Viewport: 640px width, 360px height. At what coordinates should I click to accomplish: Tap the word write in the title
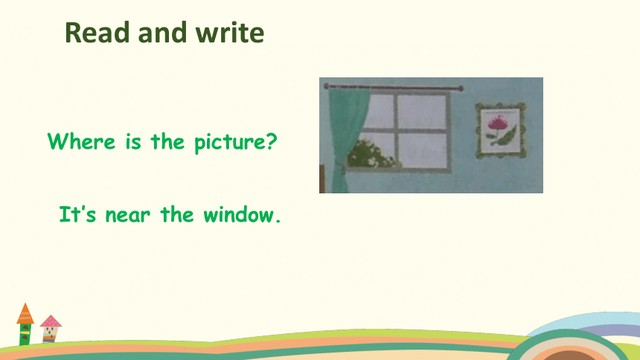(x=230, y=32)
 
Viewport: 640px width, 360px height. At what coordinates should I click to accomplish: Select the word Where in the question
(x=81, y=141)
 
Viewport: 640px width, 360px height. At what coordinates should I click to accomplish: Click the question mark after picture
(x=272, y=141)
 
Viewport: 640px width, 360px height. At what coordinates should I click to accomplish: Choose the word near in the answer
(x=127, y=215)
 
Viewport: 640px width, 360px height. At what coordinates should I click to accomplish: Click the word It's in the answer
(x=77, y=214)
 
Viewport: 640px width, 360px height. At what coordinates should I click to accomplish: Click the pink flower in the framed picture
(x=496, y=122)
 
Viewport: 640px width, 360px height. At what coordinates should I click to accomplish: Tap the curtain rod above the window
(x=394, y=87)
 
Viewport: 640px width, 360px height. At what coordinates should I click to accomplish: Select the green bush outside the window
(x=370, y=154)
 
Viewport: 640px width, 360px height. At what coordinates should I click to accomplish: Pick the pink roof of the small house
(x=51, y=321)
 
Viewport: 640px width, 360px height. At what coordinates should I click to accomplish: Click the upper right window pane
(x=422, y=112)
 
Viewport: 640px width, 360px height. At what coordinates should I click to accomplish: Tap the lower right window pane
(x=422, y=150)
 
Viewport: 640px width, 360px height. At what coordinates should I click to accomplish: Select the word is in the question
(x=133, y=141)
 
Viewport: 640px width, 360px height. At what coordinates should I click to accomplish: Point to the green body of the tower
(x=25, y=335)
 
